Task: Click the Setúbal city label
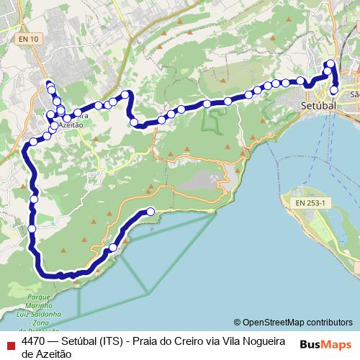pos(317,105)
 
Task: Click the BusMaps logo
pos(325,345)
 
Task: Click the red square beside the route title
pos(9,343)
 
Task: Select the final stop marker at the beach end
pos(150,211)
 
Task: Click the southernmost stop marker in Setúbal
pos(334,90)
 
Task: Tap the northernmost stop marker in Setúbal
pos(330,64)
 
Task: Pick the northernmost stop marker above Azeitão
pos(50,85)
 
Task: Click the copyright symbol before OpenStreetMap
pos(238,323)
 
